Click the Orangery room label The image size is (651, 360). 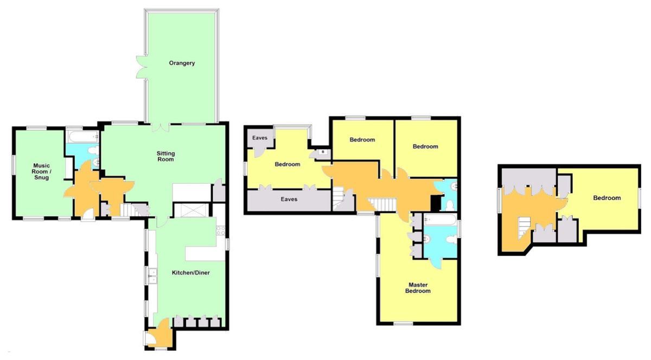[182, 63]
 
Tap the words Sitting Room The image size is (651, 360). [165, 156]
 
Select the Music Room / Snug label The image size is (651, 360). [42, 171]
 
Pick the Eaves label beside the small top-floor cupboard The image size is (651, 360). [260, 138]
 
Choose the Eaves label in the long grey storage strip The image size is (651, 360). [289, 200]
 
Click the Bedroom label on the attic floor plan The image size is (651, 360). [607, 198]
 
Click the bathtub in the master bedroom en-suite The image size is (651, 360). [440, 220]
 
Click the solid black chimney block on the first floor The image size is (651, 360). [435, 203]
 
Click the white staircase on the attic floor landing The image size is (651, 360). [523, 224]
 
